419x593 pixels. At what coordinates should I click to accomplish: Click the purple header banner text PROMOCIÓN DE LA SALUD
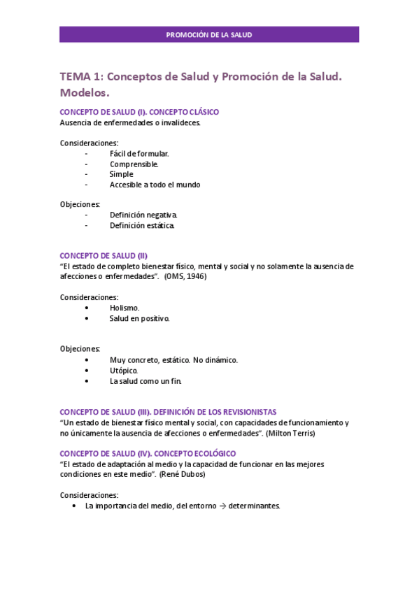[209, 34]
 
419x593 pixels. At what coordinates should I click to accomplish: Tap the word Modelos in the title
[85, 92]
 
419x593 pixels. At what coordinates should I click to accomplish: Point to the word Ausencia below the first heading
[76, 122]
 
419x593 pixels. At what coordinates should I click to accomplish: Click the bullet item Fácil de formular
[139, 153]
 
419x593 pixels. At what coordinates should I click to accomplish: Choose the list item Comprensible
[134, 164]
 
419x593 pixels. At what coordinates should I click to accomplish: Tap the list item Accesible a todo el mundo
[155, 185]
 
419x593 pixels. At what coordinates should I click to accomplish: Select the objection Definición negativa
[143, 215]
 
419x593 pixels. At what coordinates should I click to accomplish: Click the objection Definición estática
[142, 225]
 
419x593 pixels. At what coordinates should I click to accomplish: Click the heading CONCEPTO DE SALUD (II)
[104, 256]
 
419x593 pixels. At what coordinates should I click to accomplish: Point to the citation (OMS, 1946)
[185, 276]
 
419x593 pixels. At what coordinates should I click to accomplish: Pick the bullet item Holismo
[125, 308]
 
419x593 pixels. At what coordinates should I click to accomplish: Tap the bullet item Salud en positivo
[139, 318]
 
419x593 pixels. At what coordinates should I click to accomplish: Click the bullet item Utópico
[124, 370]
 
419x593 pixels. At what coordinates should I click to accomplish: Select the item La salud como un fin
[145, 381]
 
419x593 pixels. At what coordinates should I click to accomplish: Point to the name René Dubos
[185, 474]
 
